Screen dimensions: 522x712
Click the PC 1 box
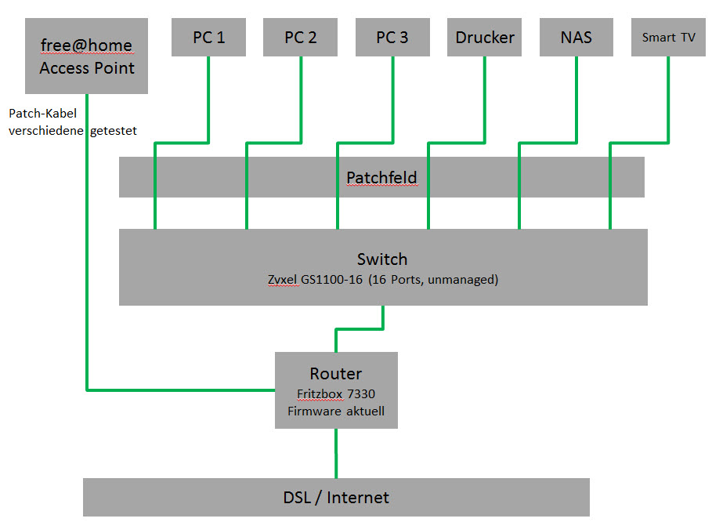[209, 37]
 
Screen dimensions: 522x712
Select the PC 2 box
[301, 37]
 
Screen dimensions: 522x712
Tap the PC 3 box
[392, 37]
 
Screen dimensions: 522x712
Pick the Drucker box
[485, 37]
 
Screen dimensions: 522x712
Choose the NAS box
[576, 37]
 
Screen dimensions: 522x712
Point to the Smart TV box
[668, 37]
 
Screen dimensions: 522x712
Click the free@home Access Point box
[87, 56]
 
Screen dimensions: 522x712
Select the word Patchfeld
[381, 178]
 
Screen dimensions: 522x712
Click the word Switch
[382, 259]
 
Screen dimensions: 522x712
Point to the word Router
[336, 373]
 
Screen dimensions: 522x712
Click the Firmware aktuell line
[336, 411]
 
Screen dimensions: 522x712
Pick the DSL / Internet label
[336, 497]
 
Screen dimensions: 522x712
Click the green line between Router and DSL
[337, 453]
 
